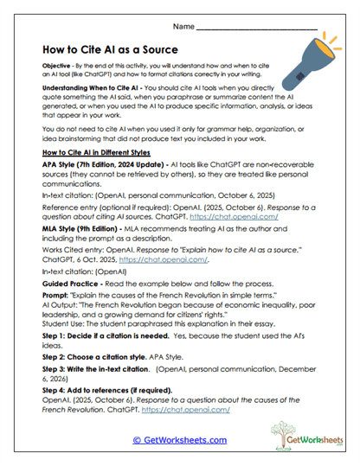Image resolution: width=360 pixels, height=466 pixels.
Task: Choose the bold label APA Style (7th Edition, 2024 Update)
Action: pyautogui.click(x=96, y=165)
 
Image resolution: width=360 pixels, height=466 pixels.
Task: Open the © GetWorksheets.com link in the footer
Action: pyautogui.click(x=180, y=439)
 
